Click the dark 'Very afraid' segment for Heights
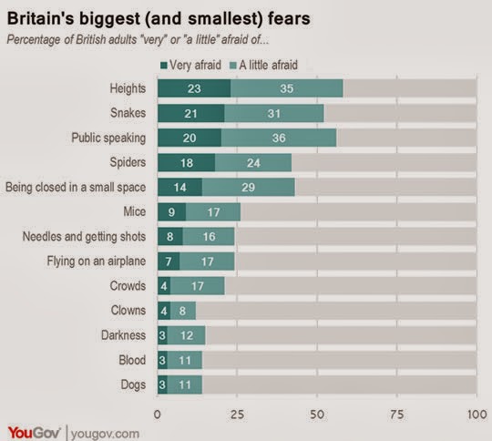coord(194,88)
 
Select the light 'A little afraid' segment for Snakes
coord(274,113)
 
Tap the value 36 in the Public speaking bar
coord(279,138)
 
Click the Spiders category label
coord(128,162)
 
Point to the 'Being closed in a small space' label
coord(76,187)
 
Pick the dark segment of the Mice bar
coord(171,212)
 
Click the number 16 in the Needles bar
coord(209,236)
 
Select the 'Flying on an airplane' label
coord(97,262)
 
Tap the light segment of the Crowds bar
coord(198,285)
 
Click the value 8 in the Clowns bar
coord(182,311)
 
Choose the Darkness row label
coord(123,335)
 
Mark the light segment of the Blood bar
coord(184,360)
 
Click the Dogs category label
coord(133,385)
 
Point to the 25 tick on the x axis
coord(237,415)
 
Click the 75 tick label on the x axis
coord(397,415)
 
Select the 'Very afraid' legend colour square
coord(163,66)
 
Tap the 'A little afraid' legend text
coord(268,65)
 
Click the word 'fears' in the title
coord(289,18)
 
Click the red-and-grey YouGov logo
coord(34,433)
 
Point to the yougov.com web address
coord(105,434)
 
